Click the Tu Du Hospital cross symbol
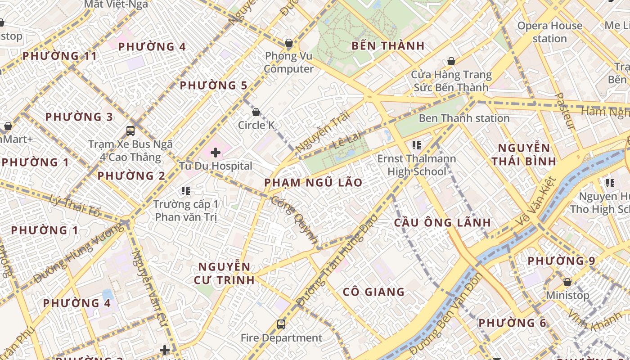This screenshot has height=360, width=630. (x=216, y=153)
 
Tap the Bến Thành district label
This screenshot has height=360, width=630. (x=388, y=46)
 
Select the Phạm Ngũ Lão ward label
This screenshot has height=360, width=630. (x=313, y=183)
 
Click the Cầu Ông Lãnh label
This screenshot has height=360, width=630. (x=442, y=223)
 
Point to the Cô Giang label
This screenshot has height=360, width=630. (x=373, y=292)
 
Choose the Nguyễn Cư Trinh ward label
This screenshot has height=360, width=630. (x=224, y=273)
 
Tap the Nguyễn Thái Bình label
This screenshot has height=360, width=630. (x=523, y=155)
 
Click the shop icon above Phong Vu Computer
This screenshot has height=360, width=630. (x=289, y=43)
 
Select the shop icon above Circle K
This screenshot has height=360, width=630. (x=256, y=112)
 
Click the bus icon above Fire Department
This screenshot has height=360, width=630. (x=281, y=324)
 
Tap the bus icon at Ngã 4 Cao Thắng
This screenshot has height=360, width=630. (x=130, y=131)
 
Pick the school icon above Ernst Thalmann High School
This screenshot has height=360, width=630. (x=417, y=145)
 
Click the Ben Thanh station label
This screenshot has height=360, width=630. (x=464, y=118)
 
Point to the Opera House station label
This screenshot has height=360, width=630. (x=549, y=32)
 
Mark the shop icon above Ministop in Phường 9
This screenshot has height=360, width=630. (x=567, y=282)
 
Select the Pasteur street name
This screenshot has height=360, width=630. (x=565, y=111)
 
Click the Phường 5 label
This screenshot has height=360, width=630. (x=214, y=85)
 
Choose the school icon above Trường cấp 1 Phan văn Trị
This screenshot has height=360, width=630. (x=186, y=191)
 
